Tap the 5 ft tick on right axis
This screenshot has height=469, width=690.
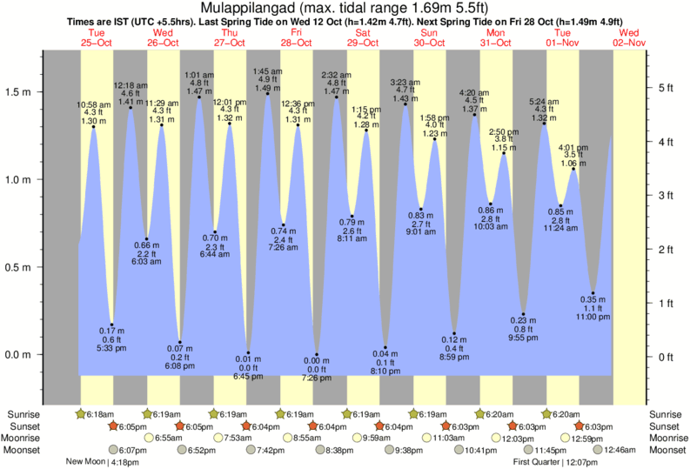click(x=667, y=88)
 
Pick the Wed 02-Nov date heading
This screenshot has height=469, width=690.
click(x=629, y=37)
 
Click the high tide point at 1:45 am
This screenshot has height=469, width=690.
click(x=267, y=93)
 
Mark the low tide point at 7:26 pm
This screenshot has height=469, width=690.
click(x=317, y=354)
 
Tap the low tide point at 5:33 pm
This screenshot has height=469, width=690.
click(x=112, y=325)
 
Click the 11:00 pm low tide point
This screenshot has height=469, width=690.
click(x=593, y=293)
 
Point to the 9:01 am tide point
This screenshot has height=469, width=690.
click(x=420, y=209)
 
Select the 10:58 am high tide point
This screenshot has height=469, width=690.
click(x=94, y=127)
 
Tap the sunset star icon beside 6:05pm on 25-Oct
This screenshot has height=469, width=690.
click(x=113, y=426)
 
